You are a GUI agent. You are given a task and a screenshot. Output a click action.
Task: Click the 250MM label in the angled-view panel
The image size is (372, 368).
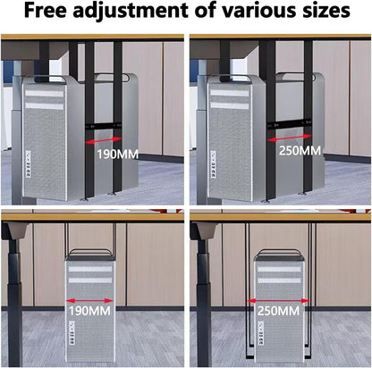[300, 149]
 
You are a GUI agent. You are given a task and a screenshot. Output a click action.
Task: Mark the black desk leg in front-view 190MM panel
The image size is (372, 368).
[13, 286]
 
